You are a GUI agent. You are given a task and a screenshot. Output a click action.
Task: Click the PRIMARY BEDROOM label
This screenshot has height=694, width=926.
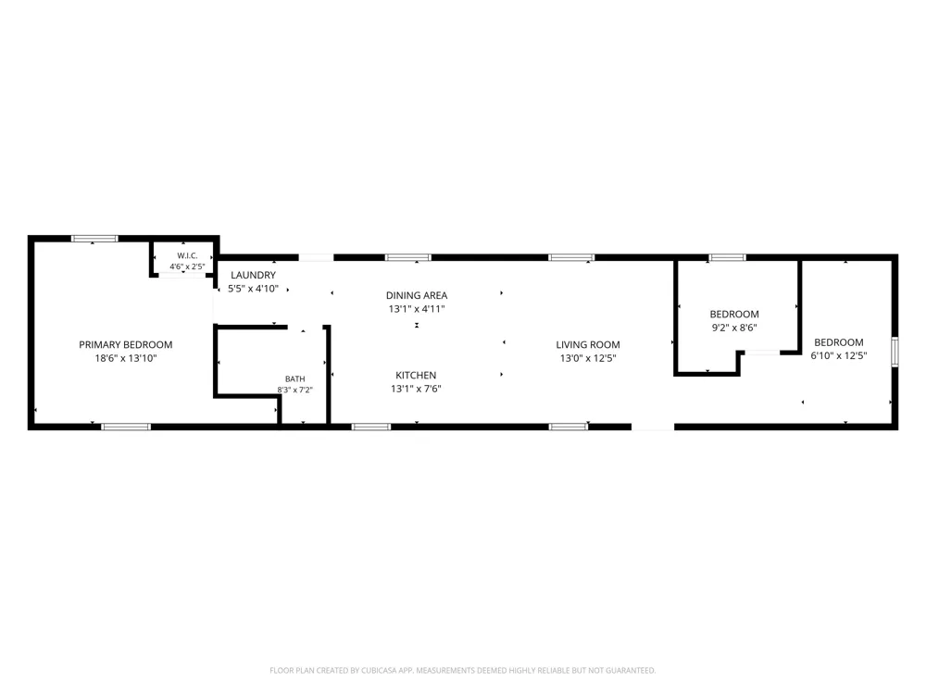point(126,344)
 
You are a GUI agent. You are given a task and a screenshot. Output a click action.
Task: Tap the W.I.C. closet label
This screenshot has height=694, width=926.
point(187,255)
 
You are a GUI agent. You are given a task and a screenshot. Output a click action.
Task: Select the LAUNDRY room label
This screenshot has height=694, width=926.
point(253,275)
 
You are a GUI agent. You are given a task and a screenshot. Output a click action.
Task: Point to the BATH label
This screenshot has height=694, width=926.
point(295,378)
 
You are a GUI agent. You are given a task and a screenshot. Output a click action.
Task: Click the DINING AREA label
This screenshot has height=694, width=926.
point(417,295)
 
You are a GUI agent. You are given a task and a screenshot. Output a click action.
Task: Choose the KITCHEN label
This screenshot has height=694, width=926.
point(416,376)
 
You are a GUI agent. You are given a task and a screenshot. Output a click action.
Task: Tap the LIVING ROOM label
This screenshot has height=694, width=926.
point(588,344)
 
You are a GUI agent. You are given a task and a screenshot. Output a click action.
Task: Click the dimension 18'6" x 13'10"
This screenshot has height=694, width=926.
point(126,358)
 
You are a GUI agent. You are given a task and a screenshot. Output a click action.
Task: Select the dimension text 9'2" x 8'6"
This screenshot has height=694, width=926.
point(734,328)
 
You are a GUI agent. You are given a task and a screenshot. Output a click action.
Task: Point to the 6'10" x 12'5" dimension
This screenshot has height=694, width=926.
point(839,356)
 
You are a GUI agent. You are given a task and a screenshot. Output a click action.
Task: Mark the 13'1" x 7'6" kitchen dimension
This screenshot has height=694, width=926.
point(416,389)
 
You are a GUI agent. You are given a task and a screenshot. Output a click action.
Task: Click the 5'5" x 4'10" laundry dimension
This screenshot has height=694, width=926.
point(253,289)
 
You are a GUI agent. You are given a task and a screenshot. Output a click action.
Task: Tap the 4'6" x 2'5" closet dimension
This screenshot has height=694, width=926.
point(187,266)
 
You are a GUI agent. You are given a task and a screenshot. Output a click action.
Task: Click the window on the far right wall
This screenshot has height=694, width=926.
point(895,352)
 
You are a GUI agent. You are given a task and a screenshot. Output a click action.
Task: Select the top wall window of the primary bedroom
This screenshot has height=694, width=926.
point(94,239)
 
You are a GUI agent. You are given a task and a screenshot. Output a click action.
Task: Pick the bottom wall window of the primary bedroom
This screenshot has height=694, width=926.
point(126,427)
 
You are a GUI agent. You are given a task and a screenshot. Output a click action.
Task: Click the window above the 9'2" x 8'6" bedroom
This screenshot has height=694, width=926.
point(727,257)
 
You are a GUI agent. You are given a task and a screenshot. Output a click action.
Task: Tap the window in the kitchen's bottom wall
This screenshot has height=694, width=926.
point(371,427)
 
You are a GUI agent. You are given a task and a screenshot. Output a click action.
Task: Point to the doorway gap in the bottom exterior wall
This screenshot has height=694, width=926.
point(653,427)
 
